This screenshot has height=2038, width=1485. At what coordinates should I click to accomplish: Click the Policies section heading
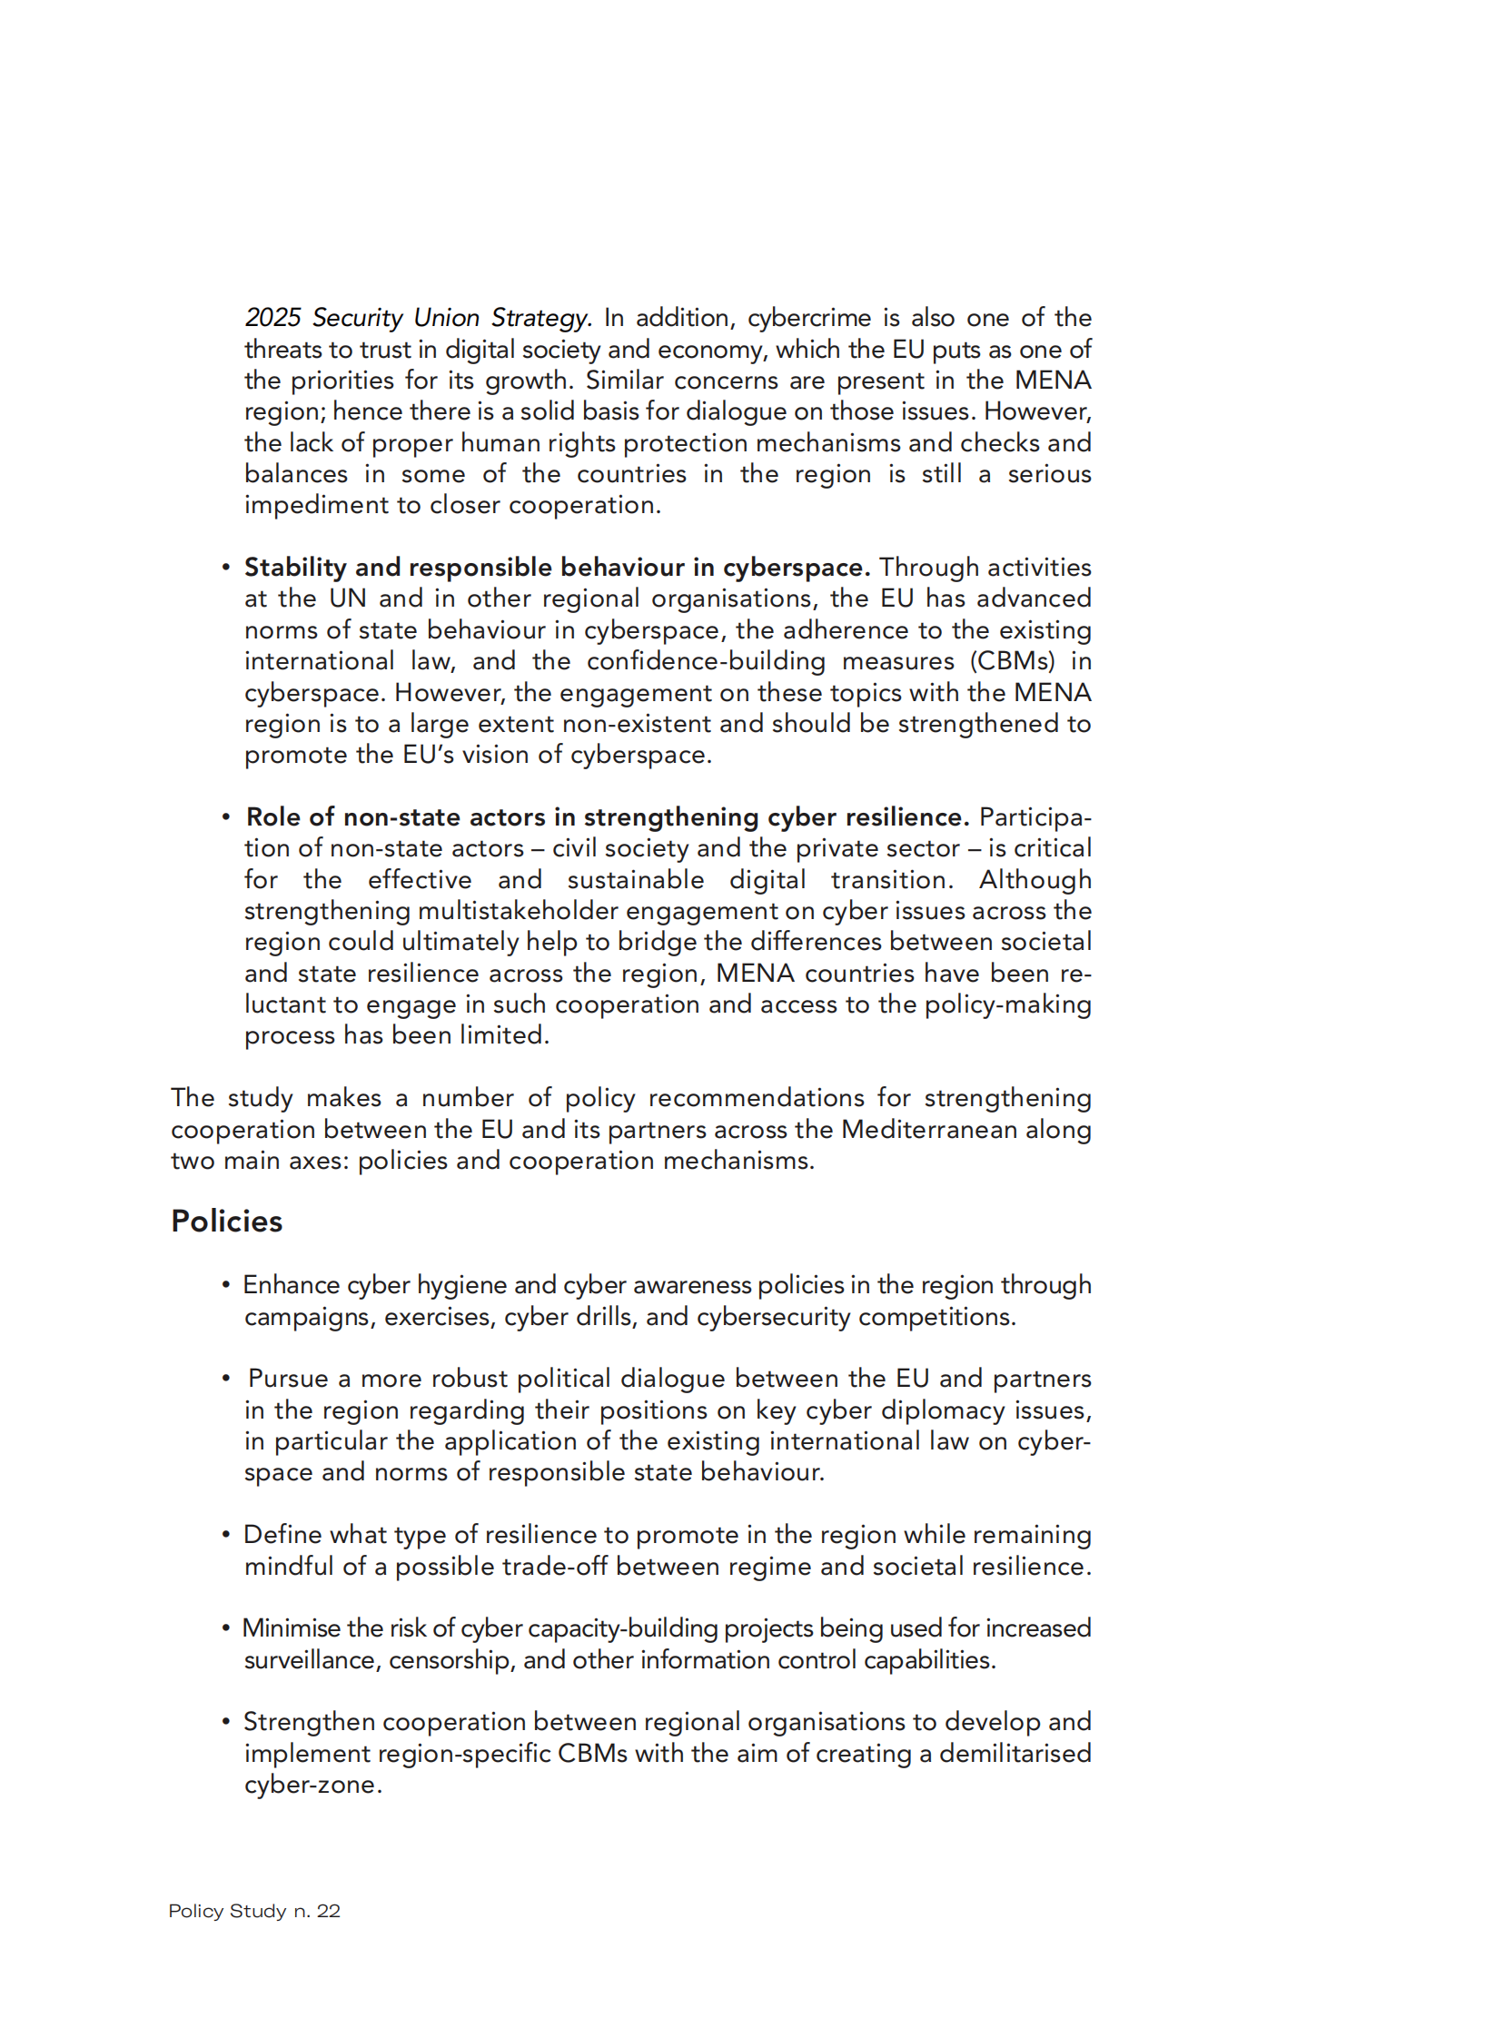(x=226, y=1222)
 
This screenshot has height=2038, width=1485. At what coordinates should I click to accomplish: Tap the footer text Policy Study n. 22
(x=254, y=1911)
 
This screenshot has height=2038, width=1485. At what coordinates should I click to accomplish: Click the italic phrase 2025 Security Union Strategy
(x=418, y=318)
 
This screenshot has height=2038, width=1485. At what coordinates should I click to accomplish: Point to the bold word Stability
(x=295, y=568)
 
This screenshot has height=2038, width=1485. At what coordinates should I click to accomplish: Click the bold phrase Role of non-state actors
(x=396, y=817)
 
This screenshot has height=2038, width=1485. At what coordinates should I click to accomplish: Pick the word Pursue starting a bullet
(x=288, y=1379)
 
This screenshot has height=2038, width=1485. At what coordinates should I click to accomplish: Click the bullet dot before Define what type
(x=225, y=1535)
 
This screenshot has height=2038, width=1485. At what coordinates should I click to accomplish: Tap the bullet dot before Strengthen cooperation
(x=225, y=1722)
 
